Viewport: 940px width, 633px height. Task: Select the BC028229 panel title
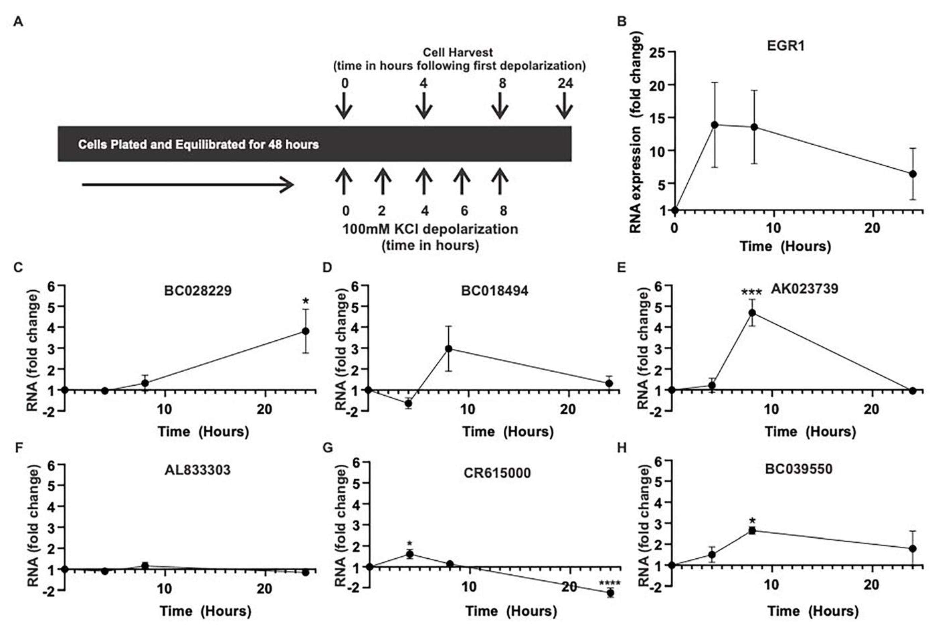pos(198,291)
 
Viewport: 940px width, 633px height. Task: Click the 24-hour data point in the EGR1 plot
pos(913,174)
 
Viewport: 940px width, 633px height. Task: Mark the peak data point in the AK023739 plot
pos(752,313)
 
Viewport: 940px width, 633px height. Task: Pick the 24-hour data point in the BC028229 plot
pos(306,331)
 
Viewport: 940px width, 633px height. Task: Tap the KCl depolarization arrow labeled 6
pos(462,182)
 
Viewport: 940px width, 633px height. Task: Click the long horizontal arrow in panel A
pos(188,185)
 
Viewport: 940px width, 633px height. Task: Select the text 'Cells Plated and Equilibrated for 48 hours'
pos(198,145)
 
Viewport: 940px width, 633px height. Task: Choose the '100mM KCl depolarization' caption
pos(430,229)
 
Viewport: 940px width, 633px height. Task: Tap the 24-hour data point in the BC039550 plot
pos(913,549)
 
